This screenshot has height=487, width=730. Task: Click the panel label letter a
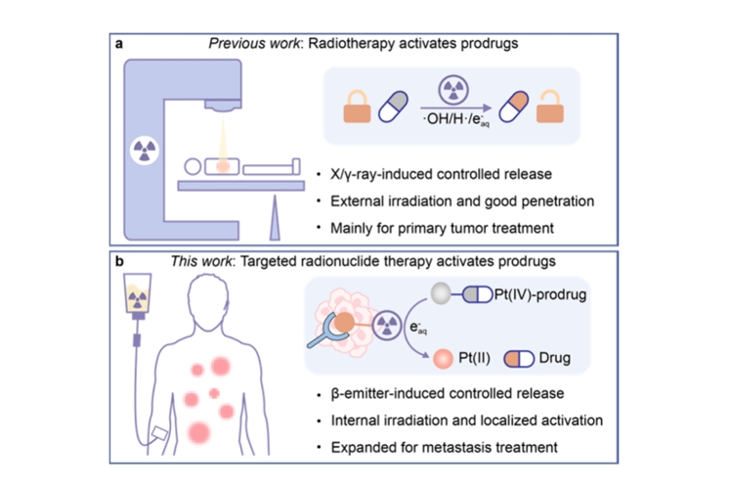tap(118, 44)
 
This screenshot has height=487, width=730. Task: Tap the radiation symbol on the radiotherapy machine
tap(145, 153)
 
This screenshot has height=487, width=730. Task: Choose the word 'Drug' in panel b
tap(555, 359)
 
